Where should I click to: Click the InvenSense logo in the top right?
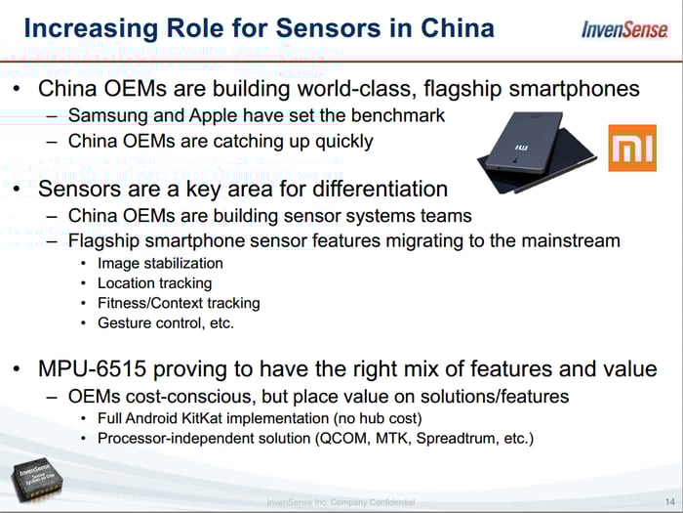click(624, 29)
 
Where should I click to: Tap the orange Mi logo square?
click(632, 148)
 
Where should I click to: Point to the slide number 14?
click(670, 502)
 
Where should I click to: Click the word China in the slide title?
click(458, 28)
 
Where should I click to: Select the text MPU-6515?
click(93, 368)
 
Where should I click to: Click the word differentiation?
click(381, 189)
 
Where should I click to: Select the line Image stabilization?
click(160, 264)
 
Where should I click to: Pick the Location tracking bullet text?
click(154, 283)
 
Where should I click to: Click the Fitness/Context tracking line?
click(179, 303)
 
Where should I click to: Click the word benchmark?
click(398, 115)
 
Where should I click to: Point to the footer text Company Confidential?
click(373, 502)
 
